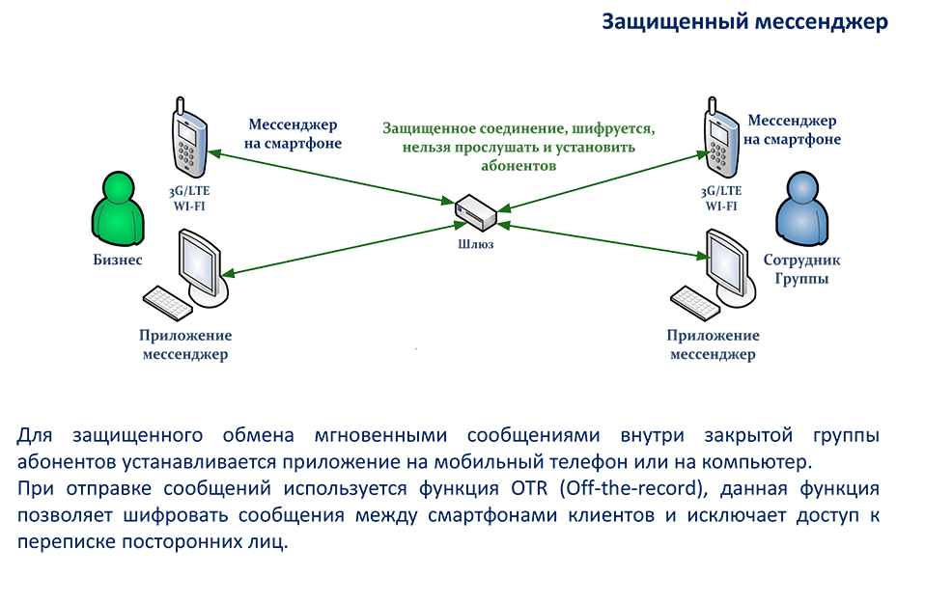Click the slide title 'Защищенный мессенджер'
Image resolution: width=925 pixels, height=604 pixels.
coord(744,22)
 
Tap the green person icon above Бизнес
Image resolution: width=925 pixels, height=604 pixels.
coord(118,208)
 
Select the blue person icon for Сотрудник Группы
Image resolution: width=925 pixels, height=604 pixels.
coord(801,208)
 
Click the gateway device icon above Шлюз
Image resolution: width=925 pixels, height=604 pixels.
coord(475,212)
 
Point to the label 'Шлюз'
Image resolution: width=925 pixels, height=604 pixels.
coord(475,244)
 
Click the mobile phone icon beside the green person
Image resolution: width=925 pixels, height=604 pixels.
coord(189,138)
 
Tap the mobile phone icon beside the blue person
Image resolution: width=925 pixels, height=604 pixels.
coord(721,138)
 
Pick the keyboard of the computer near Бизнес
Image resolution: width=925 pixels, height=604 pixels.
coord(168,303)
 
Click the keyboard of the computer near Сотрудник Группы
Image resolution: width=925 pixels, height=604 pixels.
coord(695,303)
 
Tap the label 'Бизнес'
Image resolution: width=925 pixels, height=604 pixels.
coord(118,260)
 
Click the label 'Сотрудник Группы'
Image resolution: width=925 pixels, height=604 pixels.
coord(801,268)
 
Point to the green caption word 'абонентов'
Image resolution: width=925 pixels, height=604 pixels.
coord(519,166)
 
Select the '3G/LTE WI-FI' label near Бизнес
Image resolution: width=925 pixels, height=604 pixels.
coord(189,199)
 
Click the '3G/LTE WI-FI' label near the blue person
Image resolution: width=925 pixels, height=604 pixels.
coord(721,199)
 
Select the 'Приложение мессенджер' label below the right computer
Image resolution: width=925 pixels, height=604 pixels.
coord(713,344)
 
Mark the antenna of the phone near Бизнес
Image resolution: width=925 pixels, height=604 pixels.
coord(180,105)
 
